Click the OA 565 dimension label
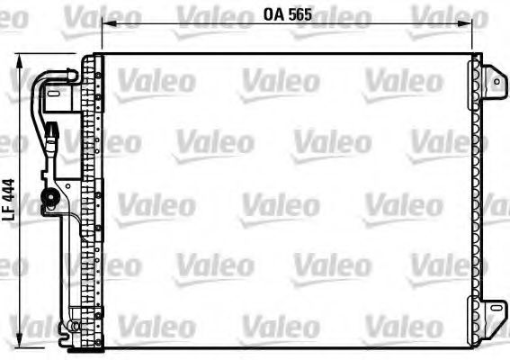pos(287,14)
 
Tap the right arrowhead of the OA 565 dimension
pos(470,25)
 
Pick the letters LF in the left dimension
pos(8,213)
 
